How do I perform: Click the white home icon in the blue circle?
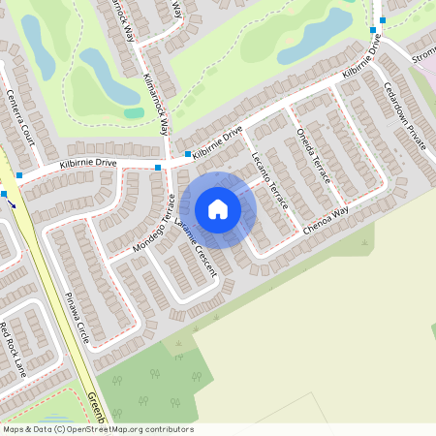pos(218,208)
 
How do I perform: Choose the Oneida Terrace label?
pos(314,155)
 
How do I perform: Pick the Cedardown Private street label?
pos(404,121)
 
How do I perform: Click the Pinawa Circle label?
pos(77,318)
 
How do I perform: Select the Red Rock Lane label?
pos(14,349)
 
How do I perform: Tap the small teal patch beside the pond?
pos(134,112)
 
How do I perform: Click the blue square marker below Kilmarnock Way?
pos(187,154)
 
